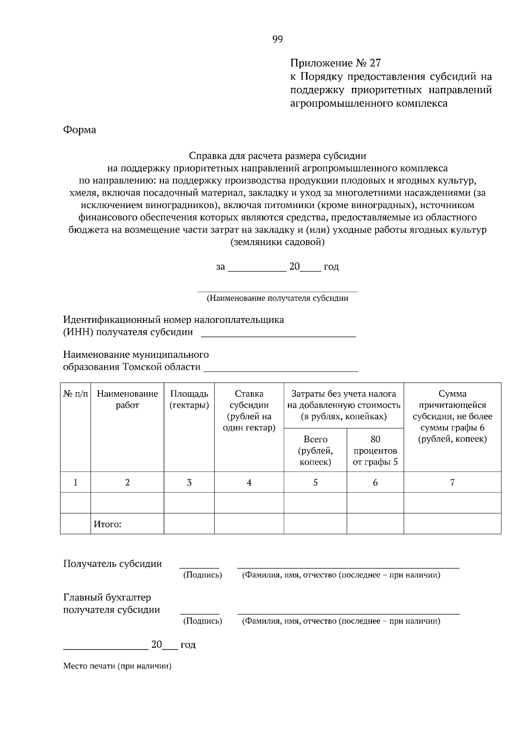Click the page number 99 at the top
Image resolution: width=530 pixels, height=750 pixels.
(x=277, y=39)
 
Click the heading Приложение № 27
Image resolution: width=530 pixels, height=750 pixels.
(x=335, y=63)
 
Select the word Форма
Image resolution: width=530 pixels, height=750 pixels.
(x=79, y=130)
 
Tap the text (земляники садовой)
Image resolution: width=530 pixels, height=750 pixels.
(x=277, y=242)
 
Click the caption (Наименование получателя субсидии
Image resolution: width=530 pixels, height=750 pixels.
(x=277, y=298)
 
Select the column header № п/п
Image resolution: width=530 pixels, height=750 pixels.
(x=76, y=394)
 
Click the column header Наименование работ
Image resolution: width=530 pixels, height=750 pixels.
(x=127, y=399)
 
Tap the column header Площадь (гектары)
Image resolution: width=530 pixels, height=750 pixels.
(x=189, y=399)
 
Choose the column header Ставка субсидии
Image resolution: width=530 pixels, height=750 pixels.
(x=249, y=410)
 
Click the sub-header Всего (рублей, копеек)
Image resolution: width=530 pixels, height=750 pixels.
(x=315, y=451)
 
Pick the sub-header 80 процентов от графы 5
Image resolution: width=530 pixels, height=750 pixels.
(x=375, y=451)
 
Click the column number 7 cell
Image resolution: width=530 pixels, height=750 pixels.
(x=452, y=482)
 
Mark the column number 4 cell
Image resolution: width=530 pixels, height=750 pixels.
(x=249, y=482)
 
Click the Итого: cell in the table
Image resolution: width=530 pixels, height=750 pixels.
(x=107, y=524)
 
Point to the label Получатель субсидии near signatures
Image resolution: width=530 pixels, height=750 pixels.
(x=113, y=564)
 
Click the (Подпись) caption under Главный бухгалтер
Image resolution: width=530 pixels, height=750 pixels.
(x=202, y=621)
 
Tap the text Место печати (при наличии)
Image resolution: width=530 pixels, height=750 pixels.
(x=117, y=666)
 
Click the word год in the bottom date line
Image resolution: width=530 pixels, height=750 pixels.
(x=188, y=645)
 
